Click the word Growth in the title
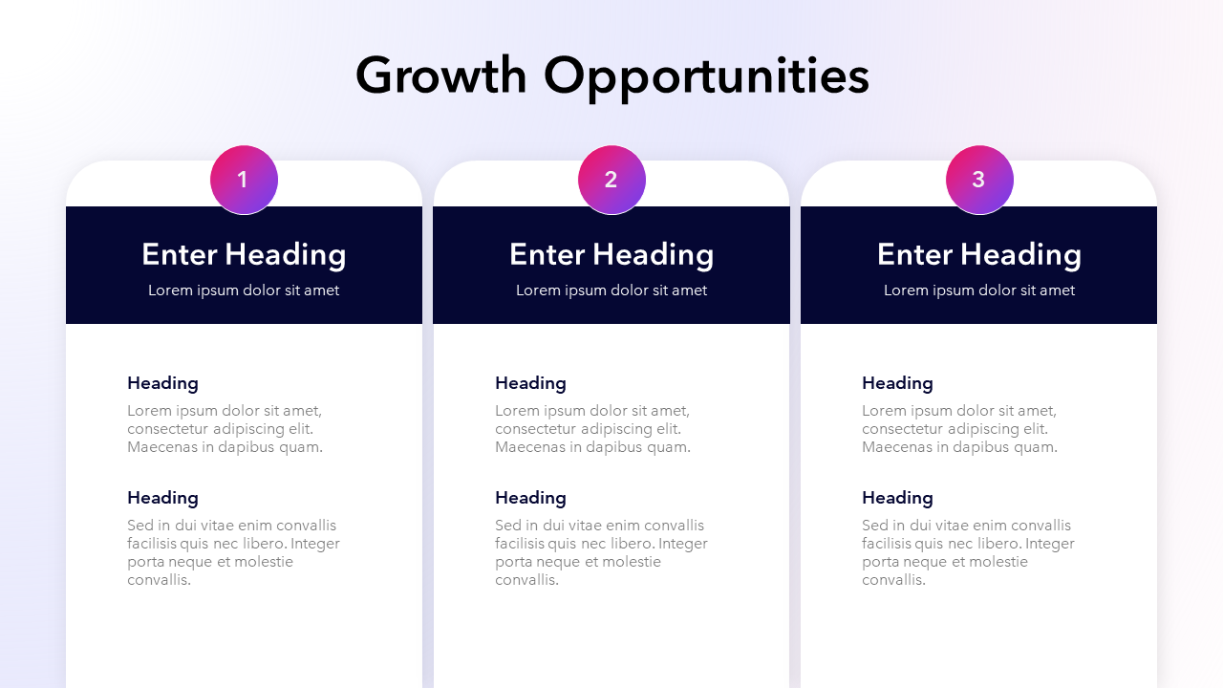440,75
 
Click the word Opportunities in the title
706,75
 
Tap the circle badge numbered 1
244,180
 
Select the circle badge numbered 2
611,180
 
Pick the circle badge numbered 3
979,180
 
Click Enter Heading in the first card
244,254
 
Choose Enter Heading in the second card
611,254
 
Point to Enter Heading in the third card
979,254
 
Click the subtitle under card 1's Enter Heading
244,290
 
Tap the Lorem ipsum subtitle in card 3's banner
979,290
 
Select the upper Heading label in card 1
162,383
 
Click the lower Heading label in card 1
162,498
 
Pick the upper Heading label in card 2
530,383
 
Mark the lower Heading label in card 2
530,498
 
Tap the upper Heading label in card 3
897,383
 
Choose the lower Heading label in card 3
897,498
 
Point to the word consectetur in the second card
535,429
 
